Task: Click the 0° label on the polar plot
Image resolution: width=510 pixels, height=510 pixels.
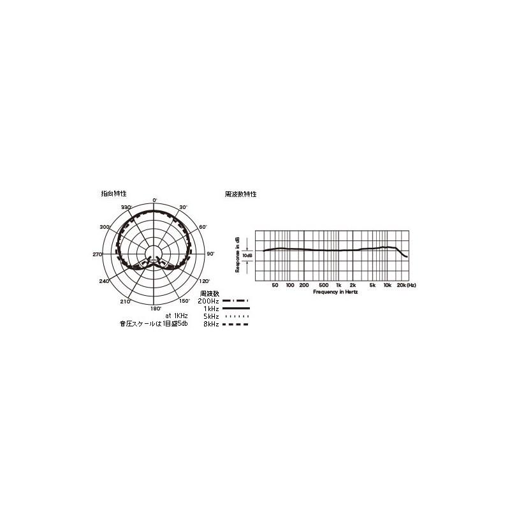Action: [x=155, y=201]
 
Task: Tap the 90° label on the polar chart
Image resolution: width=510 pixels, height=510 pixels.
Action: [x=211, y=254]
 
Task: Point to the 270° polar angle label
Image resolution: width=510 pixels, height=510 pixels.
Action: [x=98, y=254]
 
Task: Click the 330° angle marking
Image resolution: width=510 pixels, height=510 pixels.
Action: [x=126, y=208]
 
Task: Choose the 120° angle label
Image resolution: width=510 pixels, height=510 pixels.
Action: [x=204, y=281]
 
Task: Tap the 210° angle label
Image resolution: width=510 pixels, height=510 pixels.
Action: [x=125, y=301]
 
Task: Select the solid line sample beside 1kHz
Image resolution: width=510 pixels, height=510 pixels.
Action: [x=235, y=308]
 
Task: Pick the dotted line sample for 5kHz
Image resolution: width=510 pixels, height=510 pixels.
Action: [x=235, y=316]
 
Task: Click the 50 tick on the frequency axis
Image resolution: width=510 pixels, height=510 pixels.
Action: [x=275, y=285]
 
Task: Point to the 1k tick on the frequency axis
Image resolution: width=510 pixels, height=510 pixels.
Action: [x=339, y=285]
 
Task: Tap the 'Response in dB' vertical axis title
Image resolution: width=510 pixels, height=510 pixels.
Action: [x=238, y=255]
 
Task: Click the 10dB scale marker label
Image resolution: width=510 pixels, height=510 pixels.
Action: [x=248, y=255]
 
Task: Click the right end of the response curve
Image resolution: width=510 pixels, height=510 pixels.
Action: [x=407, y=256]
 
